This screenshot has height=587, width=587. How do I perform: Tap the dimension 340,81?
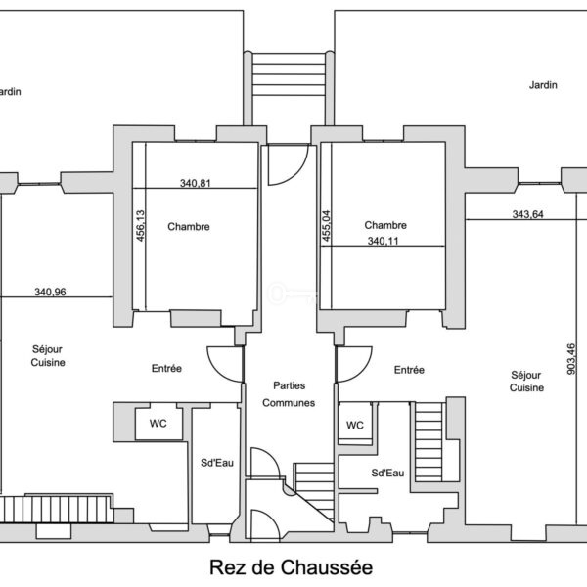196,182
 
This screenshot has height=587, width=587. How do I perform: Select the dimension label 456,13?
140,226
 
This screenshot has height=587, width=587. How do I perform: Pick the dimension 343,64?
527,214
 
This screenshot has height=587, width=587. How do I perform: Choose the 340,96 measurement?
51,291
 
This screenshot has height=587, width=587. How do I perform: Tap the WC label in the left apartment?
158,424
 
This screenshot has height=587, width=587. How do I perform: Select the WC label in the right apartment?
355,425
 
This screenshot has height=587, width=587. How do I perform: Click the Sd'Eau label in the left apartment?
215,462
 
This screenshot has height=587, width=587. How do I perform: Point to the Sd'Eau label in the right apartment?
387,473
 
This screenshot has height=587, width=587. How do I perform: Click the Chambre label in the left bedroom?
189,227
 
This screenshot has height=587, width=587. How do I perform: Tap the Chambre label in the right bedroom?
384,225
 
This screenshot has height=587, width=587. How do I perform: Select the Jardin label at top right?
543,85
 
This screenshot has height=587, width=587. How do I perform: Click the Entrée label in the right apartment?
409,370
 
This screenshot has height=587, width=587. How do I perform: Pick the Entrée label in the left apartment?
166,369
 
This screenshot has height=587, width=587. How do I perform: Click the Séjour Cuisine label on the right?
525,381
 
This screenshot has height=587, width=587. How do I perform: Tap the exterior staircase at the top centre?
289,74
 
